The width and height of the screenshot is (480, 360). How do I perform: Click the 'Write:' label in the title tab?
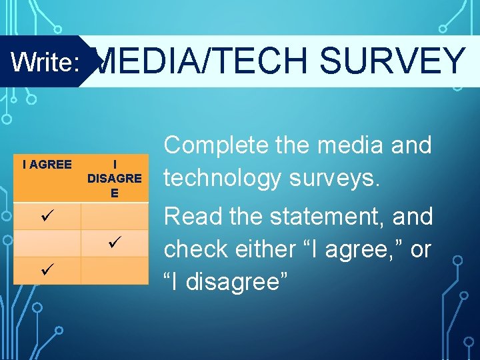45,62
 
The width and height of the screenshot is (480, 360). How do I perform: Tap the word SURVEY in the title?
392,61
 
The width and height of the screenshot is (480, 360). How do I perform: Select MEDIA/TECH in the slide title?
203,61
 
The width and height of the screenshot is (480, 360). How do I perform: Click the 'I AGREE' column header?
47,164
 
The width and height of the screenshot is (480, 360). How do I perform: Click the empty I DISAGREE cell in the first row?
115,217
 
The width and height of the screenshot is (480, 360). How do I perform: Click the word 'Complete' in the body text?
218,145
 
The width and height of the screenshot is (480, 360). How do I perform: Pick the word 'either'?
275,249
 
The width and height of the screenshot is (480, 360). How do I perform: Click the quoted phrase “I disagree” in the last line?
226,281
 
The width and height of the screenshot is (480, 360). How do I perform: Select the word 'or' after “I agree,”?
421,249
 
